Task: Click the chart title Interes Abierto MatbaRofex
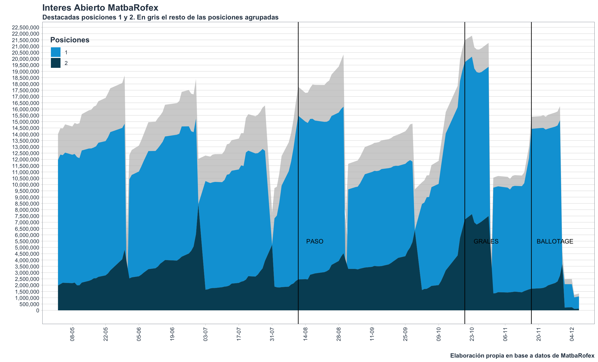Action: pyautogui.click(x=100, y=8)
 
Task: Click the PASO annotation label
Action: pyautogui.click(x=315, y=241)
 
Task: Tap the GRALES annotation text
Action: pyautogui.click(x=486, y=241)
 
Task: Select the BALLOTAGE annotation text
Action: pyautogui.click(x=555, y=241)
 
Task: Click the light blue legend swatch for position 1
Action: pyautogui.click(x=56, y=52)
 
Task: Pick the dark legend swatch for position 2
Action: pyautogui.click(x=56, y=63)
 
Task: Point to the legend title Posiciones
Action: pyautogui.click(x=70, y=40)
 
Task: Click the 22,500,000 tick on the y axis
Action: pyautogui.click(x=25, y=28)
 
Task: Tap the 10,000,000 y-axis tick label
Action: pyautogui.click(x=25, y=185)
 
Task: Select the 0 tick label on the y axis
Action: pyautogui.click(x=38, y=311)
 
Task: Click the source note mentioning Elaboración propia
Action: pyautogui.click(x=522, y=356)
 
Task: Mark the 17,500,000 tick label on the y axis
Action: pyautogui.click(x=25, y=90)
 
